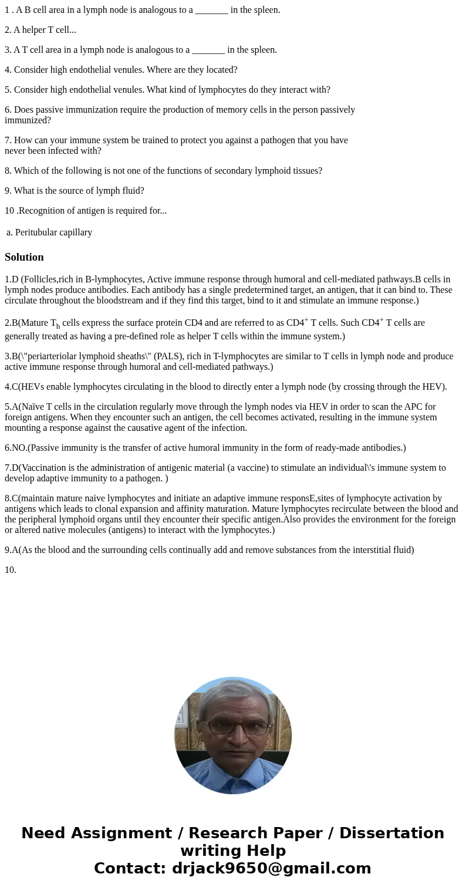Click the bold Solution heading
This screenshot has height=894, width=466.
click(x=24, y=257)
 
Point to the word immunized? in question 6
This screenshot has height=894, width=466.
click(x=28, y=120)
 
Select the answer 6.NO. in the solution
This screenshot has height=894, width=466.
click(x=16, y=447)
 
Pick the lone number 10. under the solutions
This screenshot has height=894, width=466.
click(x=11, y=569)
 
